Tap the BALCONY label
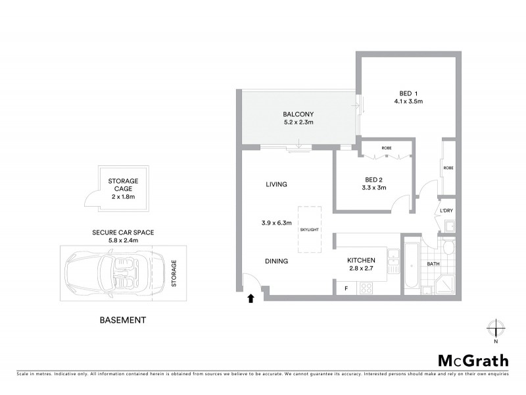pyautogui.click(x=298, y=113)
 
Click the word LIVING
pyautogui.click(x=276, y=184)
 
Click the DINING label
pyautogui.click(x=277, y=261)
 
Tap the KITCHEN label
pyautogui.click(x=361, y=260)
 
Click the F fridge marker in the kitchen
pyautogui.click(x=345, y=288)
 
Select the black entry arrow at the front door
pyautogui.click(x=250, y=298)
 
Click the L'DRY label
pyautogui.click(x=447, y=211)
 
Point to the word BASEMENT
pyautogui.click(x=122, y=321)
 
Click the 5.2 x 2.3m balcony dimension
pyautogui.click(x=298, y=122)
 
